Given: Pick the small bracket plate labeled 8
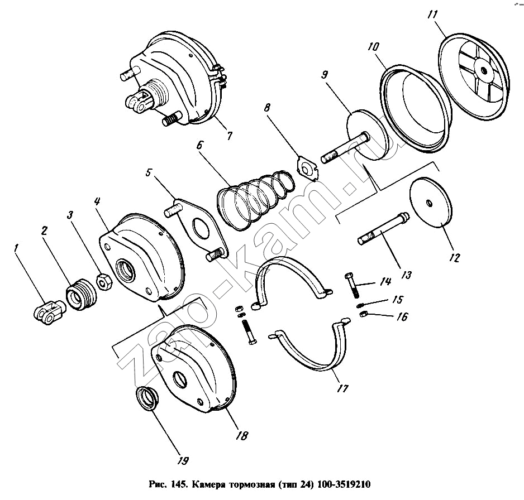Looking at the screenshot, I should click(307, 168).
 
